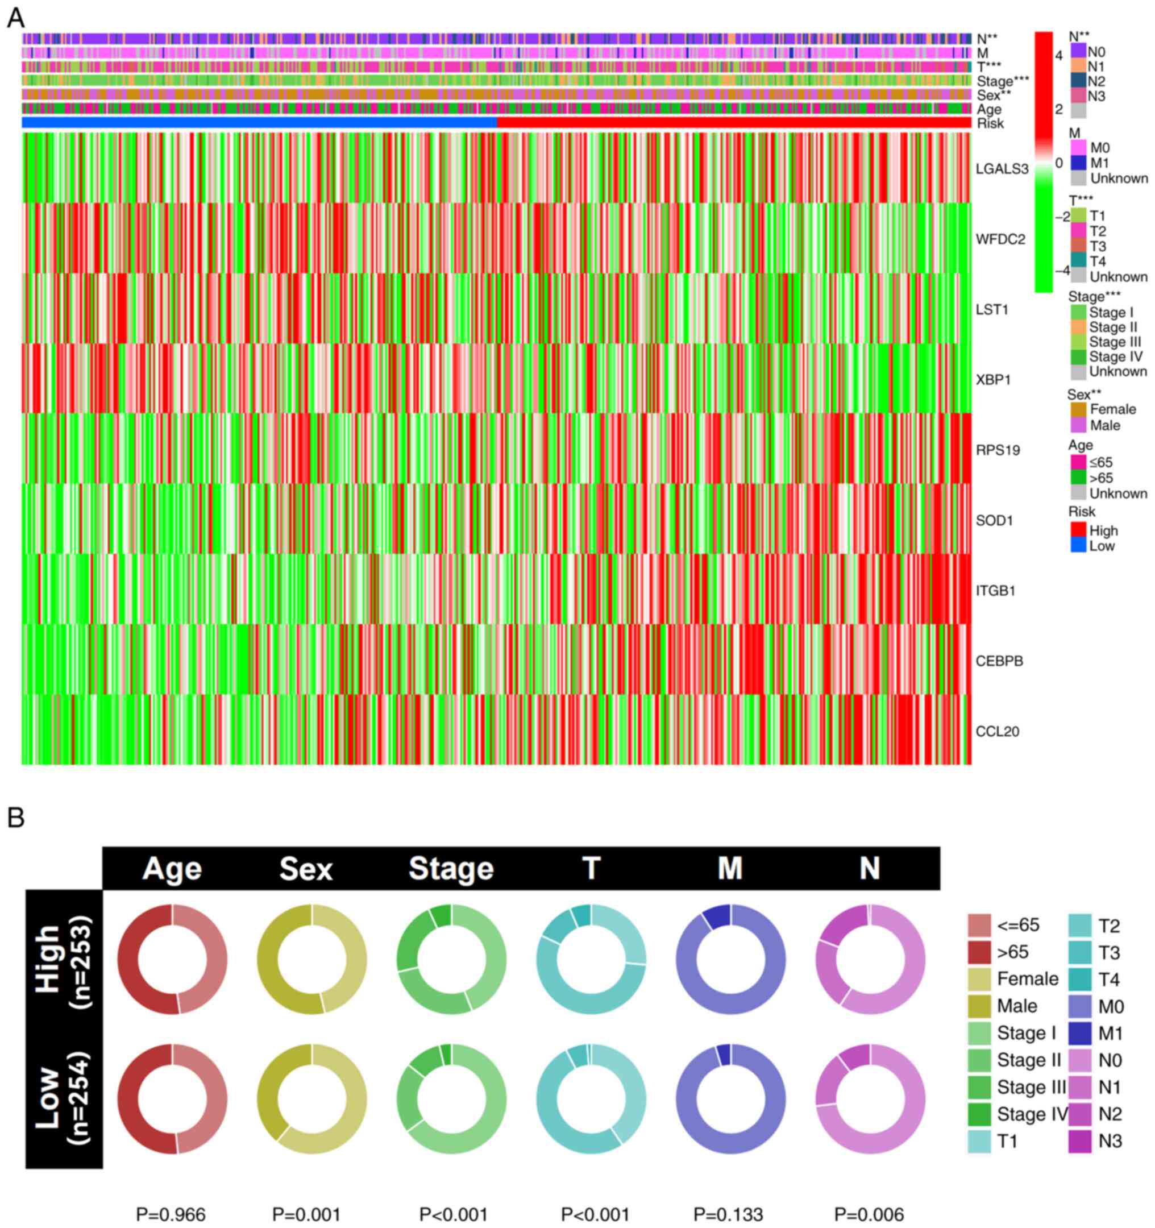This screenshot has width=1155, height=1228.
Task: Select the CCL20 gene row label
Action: pos(997,731)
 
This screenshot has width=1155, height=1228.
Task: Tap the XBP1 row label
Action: pos(993,379)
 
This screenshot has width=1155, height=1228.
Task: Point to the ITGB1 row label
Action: pos(996,591)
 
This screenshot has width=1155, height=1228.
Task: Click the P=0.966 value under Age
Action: pos(171,1214)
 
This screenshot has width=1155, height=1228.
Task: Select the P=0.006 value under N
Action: pos(869,1214)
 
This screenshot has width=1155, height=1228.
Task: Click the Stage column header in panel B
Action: pos(451,869)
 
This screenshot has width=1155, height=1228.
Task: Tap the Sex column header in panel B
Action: pos(306,869)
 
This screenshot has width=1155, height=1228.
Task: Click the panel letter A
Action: pos(16,18)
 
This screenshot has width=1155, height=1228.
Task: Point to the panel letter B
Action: pos(16,818)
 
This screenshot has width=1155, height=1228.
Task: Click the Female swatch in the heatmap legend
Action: pos(1079,409)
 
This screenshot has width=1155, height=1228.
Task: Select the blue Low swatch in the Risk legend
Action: pos(1078,545)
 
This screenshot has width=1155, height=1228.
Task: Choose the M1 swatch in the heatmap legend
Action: pos(1078,163)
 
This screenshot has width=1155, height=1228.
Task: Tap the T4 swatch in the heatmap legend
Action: pos(1078,261)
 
